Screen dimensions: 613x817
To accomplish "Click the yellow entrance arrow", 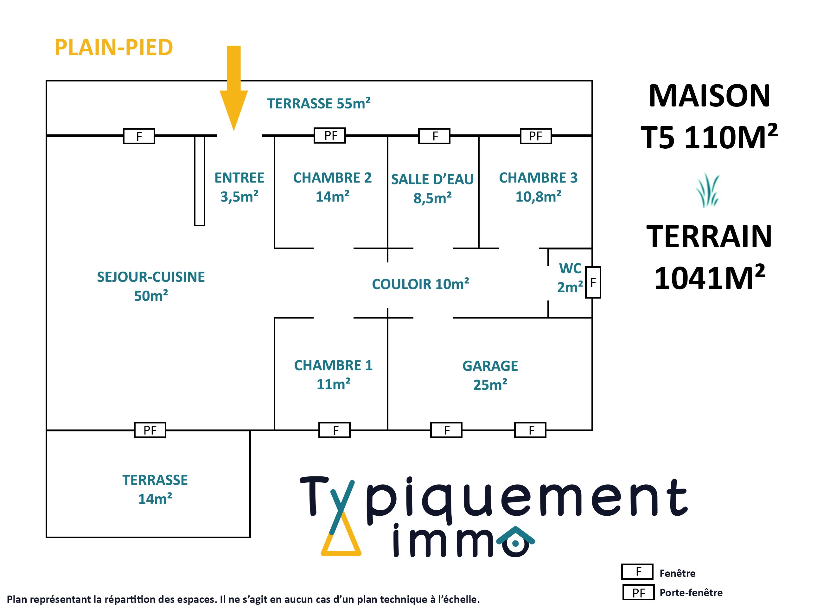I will click(x=233, y=92).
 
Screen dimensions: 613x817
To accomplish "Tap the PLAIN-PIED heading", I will click(x=114, y=48).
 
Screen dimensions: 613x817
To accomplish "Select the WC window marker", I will click(x=593, y=282).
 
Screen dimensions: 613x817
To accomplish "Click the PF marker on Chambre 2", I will click(x=329, y=136).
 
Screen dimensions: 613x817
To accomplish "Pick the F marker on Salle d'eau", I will click(x=434, y=136).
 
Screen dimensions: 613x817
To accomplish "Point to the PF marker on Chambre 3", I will click(x=536, y=136).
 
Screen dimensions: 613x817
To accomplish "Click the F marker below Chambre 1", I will click(x=335, y=430).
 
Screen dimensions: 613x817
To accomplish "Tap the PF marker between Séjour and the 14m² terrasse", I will click(x=150, y=430).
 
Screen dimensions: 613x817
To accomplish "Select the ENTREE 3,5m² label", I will click(x=239, y=187).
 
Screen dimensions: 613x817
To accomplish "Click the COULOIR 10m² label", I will click(x=420, y=284).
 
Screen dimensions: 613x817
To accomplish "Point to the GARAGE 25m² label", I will click(x=490, y=375).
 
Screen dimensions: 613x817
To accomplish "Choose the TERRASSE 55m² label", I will click(x=319, y=103).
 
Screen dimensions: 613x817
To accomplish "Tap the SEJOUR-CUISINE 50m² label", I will click(x=151, y=286).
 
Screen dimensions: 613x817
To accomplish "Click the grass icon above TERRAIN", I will click(x=708, y=191).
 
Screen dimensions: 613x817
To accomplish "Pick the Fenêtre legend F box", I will click(x=637, y=571).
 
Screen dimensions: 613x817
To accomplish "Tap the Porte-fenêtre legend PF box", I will click(x=638, y=592).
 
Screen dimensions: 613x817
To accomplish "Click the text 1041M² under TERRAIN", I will click(x=709, y=278).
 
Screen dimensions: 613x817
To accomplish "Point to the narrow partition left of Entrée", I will click(x=200, y=181).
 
